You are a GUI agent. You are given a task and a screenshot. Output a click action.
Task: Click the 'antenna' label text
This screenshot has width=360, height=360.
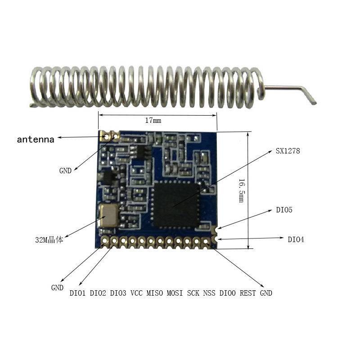point(36,139)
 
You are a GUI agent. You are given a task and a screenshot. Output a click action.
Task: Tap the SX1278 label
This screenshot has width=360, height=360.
point(288,151)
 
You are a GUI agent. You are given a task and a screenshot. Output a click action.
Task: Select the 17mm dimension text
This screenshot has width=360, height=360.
point(153,121)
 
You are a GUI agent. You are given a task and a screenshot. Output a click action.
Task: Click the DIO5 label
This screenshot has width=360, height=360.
point(284,210)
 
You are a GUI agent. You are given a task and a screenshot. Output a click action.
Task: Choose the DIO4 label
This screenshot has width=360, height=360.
point(296,239)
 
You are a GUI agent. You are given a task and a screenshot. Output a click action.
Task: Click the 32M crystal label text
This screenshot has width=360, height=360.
point(49,240)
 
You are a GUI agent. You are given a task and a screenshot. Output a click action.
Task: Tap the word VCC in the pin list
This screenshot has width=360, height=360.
point(136,293)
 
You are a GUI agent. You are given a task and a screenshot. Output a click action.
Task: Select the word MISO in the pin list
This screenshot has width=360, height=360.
point(155,293)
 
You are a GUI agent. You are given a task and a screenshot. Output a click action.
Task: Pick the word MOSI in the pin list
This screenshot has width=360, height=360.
point(175,293)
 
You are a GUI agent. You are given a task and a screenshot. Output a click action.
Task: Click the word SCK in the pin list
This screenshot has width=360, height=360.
point(193,293)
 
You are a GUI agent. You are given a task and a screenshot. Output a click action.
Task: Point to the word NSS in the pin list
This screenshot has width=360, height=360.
point(209,293)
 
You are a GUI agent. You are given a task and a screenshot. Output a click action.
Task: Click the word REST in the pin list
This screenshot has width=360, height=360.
point(247,293)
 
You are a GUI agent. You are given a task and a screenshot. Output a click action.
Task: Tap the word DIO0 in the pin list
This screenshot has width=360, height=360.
point(227,293)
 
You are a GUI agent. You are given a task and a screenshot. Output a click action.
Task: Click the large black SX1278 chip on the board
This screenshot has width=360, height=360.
point(176,205)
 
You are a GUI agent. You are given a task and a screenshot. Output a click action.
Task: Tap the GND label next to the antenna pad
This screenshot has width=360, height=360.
point(65,171)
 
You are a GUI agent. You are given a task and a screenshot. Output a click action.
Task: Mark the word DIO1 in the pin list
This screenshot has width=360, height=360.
point(78,293)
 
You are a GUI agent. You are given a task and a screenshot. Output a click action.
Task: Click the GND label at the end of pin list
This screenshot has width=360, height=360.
point(266,293)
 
